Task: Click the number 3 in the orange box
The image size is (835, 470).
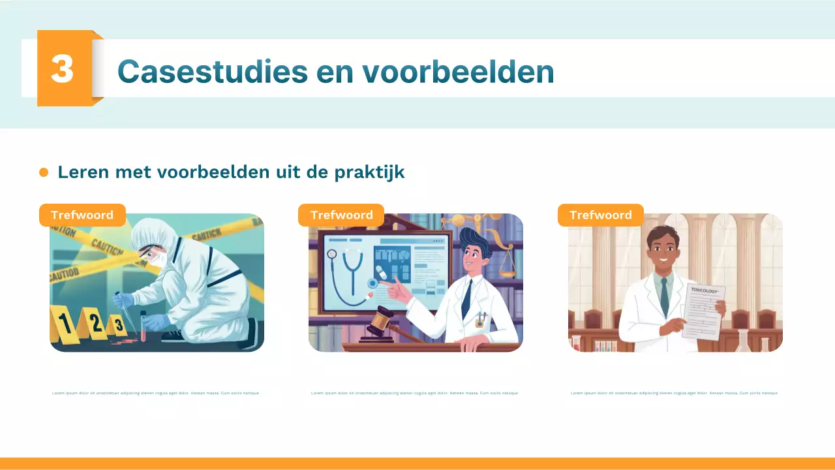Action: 62,68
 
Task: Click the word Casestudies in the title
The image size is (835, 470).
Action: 212,71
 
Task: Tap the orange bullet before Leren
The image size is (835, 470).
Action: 44,172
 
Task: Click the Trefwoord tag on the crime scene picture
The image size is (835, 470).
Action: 82,215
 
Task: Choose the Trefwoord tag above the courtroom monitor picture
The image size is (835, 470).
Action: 341,215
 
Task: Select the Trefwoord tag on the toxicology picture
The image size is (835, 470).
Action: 600,215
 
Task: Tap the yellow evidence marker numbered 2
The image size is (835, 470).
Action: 96,324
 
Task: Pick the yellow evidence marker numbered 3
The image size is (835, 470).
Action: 118,324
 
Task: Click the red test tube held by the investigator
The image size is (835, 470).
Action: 143,326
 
